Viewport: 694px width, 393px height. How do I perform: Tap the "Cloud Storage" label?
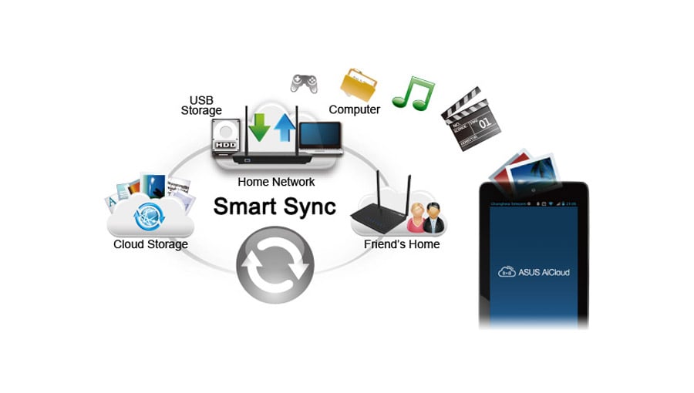(x=150, y=244)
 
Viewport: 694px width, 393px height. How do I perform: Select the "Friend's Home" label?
(x=401, y=244)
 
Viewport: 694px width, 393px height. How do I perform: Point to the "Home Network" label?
(x=277, y=182)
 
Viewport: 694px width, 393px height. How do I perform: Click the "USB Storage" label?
(x=201, y=106)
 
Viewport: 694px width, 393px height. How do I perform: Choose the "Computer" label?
(x=354, y=109)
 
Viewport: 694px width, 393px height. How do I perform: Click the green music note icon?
(x=408, y=92)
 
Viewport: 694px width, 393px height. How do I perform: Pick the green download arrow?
(x=261, y=126)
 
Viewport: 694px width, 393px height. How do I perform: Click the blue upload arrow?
(x=285, y=128)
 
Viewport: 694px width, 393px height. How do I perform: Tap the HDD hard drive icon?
(x=226, y=135)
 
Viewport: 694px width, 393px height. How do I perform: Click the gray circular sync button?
(x=275, y=266)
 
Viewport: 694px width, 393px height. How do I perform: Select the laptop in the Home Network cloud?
(x=320, y=139)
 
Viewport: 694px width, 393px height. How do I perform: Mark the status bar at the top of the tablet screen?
(x=534, y=203)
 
